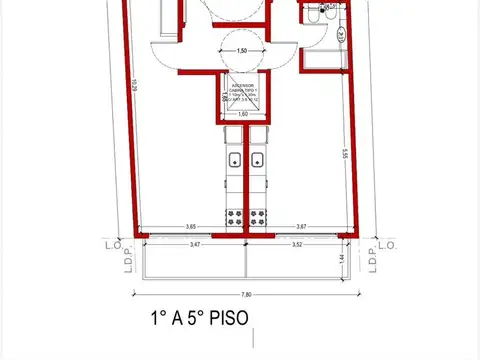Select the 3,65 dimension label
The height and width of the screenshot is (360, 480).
(x=190, y=226)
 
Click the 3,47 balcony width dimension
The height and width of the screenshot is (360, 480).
(x=193, y=243)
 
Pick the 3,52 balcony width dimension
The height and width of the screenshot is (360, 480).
(x=297, y=243)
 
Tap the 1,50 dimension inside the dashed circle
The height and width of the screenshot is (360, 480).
(x=241, y=50)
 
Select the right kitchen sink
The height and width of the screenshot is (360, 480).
(x=259, y=158)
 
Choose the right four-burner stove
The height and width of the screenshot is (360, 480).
(x=259, y=216)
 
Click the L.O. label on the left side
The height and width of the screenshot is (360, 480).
(x=112, y=243)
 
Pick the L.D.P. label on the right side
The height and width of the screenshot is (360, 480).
(x=372, y=258)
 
